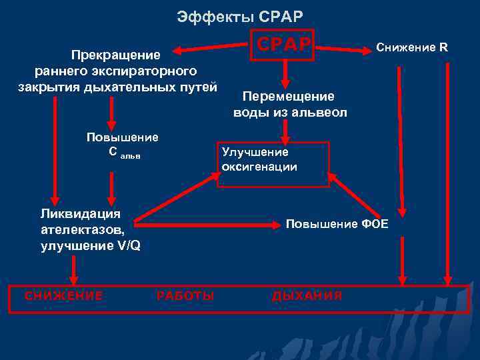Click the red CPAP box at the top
[284, 45]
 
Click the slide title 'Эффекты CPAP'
[240, 15]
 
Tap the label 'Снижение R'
[412, 47]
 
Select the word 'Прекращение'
[117, 54]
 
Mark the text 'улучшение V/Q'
[90, 245]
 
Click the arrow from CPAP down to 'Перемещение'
[285, 73]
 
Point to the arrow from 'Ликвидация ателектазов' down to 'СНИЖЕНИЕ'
[73, 271]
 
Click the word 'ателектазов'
[82, 229]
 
